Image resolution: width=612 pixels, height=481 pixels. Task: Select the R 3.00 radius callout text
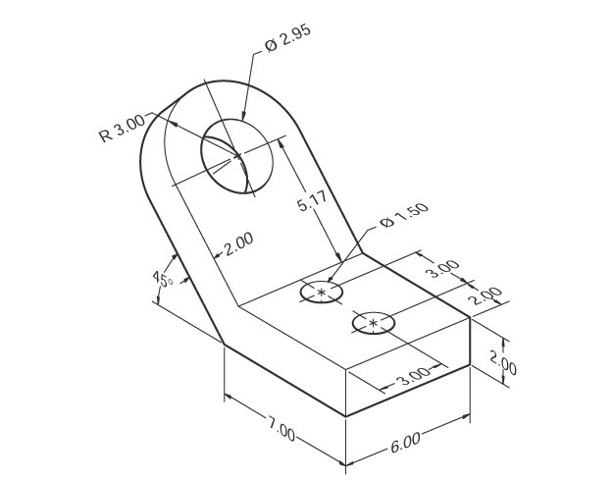click(x=122, y=129)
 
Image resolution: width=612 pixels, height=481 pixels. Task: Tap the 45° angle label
click(x=162, y=279)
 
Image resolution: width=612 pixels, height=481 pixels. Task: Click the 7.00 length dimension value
click(x=280, y=428)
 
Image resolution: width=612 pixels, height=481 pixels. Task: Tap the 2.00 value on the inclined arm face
click(x=238, y=243)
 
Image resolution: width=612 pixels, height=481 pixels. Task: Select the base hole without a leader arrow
click(x=373, y=323)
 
